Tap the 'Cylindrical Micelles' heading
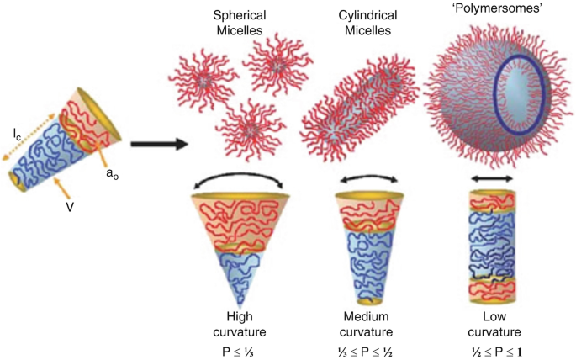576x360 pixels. pyautogui.click(x=362, y=24)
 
